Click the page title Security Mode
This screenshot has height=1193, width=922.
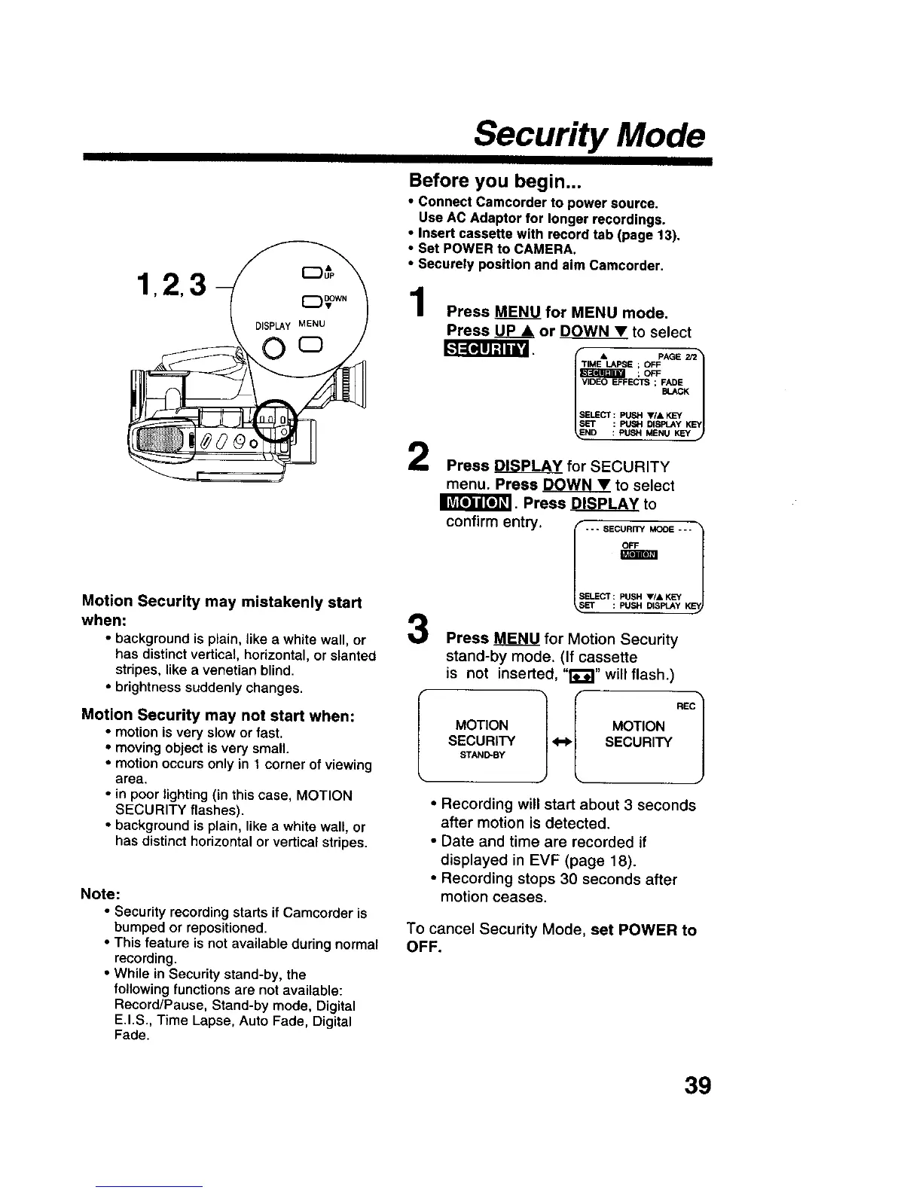click(590, 136)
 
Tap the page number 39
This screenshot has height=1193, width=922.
click(698, 1085)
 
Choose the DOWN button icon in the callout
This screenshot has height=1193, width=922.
click(309, 303)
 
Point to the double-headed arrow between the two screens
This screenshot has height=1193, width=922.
click(559, 742)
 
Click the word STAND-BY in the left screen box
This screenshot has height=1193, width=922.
click(481, 755)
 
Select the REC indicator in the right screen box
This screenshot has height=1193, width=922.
click(685, 706)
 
